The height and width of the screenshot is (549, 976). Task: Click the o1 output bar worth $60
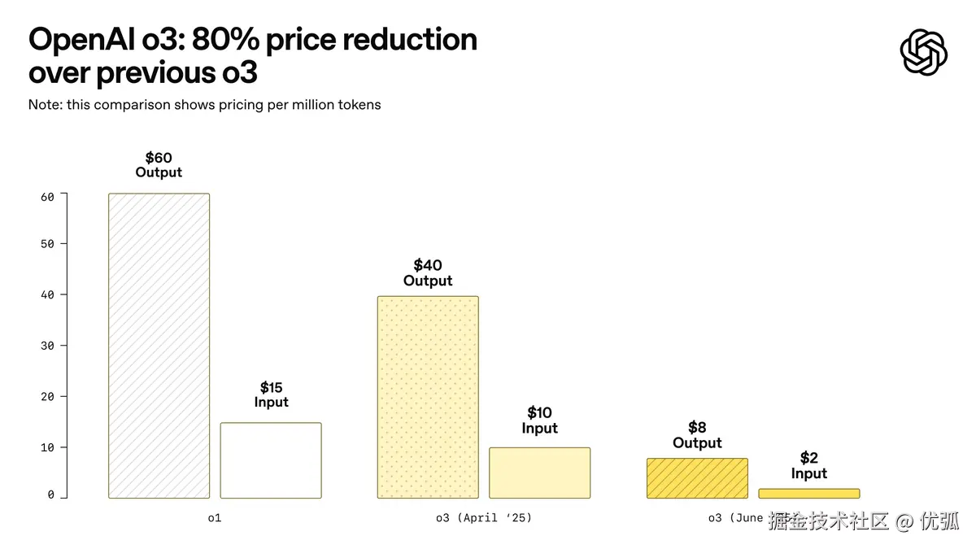click(x=159, y=346)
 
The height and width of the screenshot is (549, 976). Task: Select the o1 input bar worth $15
click(x=271, y=460)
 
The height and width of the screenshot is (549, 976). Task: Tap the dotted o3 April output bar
click(x=428, y=397)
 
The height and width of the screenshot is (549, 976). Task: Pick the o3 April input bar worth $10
click(x=539, y=473)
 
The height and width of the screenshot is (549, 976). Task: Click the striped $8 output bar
click(x=697, y=478)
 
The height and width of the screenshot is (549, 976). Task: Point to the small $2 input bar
click(x=808, y=493)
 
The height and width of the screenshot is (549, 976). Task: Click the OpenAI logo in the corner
click(x=924, y=52)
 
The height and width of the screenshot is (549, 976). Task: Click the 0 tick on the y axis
click(x=50, y=495)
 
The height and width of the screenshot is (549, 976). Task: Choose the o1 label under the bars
click(x=215, y=517)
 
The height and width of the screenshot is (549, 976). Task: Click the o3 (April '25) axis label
click(x=484, y=517)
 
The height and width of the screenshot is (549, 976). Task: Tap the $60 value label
click(x=159, y=158)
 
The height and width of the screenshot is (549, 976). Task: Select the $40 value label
click(x=428, y=265)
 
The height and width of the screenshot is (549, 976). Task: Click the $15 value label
click(x=271, y=387)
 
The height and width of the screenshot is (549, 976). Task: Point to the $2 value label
click(x=808, y=458)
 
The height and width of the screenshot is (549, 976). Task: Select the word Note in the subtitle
click(x=43, y=105)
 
